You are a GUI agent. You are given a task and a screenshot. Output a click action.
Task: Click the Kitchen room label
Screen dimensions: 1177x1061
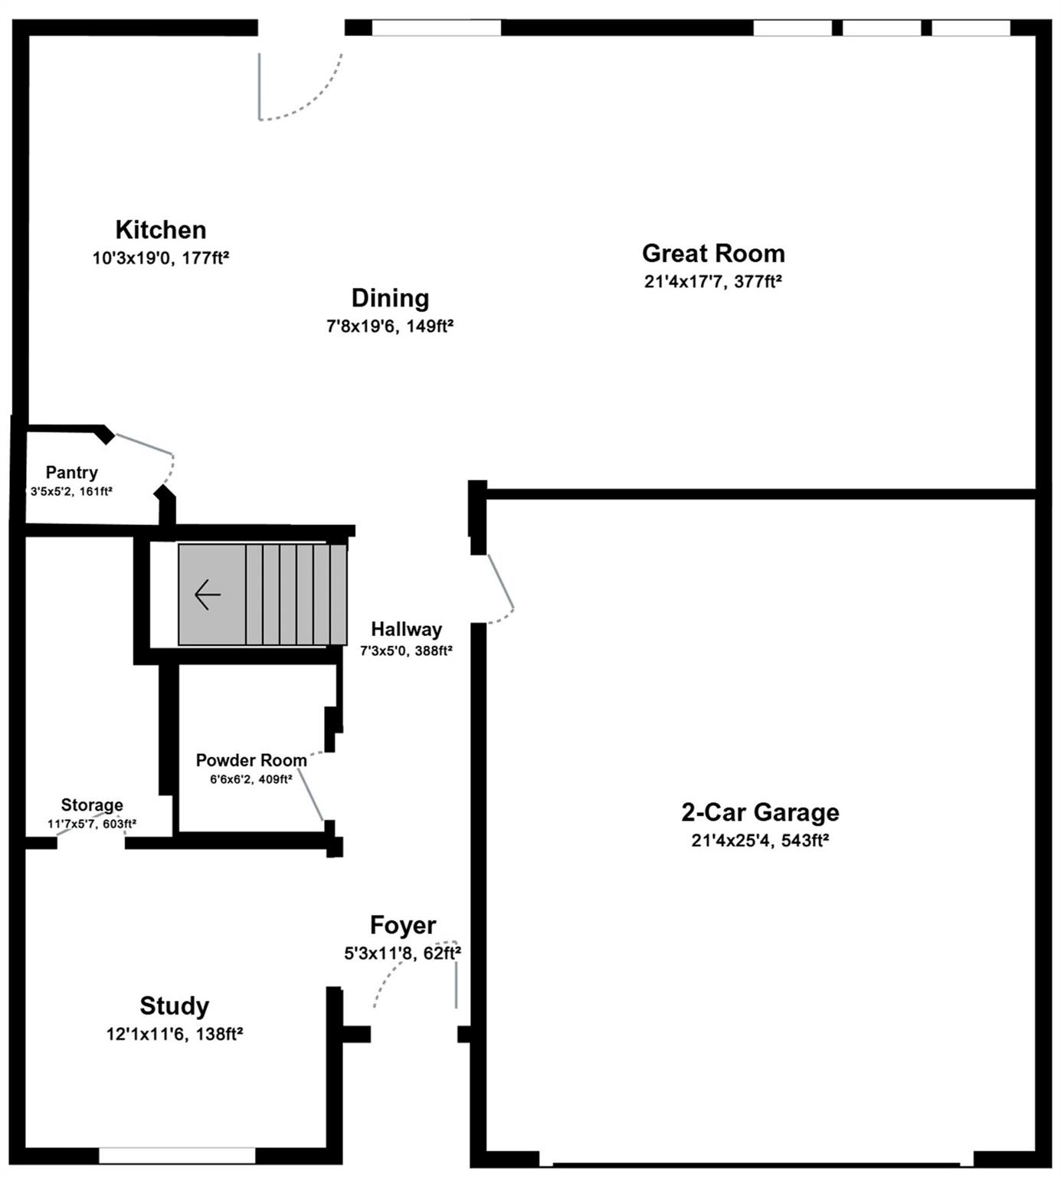161,230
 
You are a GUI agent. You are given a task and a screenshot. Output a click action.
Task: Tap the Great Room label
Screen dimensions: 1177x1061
713,254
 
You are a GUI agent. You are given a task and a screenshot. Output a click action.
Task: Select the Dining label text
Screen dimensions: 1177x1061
390,298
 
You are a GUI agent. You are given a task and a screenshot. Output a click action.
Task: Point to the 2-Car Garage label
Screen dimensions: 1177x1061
760,812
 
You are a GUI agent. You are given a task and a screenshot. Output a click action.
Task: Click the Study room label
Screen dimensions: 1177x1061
174,1006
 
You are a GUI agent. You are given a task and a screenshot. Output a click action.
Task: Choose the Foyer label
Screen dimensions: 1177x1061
403,926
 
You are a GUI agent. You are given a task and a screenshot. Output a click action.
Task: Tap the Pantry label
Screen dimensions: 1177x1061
71,473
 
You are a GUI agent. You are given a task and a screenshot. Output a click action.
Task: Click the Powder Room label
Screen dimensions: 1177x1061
251,761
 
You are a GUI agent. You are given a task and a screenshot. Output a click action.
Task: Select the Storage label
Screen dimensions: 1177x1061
92,805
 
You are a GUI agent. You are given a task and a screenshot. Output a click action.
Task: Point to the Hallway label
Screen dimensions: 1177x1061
406,630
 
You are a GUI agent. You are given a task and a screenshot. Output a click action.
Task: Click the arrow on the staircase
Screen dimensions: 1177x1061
208,595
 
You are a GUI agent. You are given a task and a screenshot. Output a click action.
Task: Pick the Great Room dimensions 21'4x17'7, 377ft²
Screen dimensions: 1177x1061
713,282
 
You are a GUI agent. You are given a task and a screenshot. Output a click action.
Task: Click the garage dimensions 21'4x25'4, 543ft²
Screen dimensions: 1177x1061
760,841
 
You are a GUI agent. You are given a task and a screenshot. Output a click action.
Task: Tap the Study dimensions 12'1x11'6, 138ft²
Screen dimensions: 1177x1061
174,1034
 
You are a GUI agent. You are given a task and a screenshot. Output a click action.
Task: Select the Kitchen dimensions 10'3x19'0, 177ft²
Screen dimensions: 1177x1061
161,258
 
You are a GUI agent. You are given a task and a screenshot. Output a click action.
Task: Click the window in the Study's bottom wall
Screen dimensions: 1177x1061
177,1156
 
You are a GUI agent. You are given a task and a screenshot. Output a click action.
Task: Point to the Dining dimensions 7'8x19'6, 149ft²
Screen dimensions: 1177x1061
390,326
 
